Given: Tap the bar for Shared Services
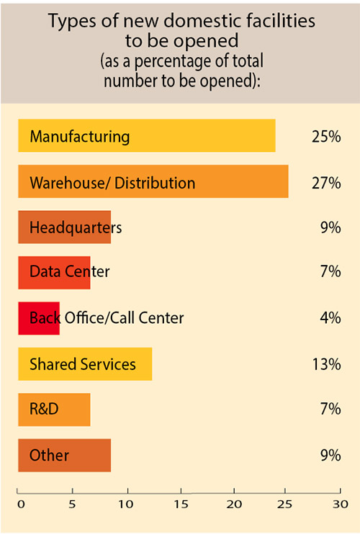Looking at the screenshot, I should coord(85,364).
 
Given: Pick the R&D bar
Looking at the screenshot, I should coord(54,409).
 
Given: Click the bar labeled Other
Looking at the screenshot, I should coord(64,455).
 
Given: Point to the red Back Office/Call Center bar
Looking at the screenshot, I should coord(39,318).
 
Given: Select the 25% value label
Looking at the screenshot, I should coord(326,136).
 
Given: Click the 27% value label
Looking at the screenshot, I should coord(326,182).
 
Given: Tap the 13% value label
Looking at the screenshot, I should coord(326,364).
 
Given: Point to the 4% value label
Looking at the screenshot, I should coord(330,318).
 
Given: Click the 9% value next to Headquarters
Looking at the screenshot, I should coord(330,227).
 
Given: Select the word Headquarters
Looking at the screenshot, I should coord(76,227).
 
